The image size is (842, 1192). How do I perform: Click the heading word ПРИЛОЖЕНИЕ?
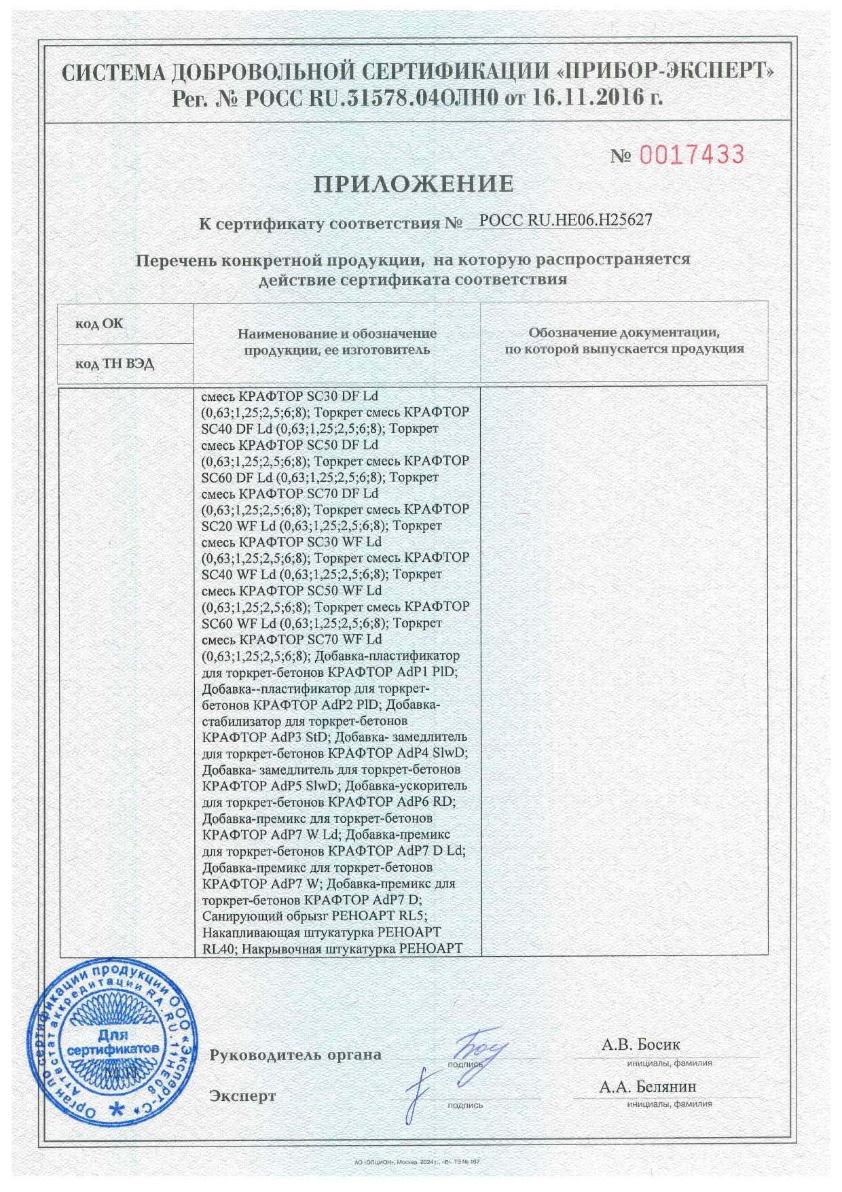tap(413, 183)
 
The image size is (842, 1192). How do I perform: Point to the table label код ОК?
tap(99, 323)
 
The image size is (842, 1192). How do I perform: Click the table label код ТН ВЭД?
tap(115, 364)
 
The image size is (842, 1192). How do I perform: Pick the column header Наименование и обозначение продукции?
tap(337, 342)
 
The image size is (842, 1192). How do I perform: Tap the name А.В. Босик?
tap(640, 1044)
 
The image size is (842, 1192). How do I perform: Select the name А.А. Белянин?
tap(647, 1087)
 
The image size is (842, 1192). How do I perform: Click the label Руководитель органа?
tap(295, 1055)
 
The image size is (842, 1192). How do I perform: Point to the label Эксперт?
tap(242, 1096)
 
